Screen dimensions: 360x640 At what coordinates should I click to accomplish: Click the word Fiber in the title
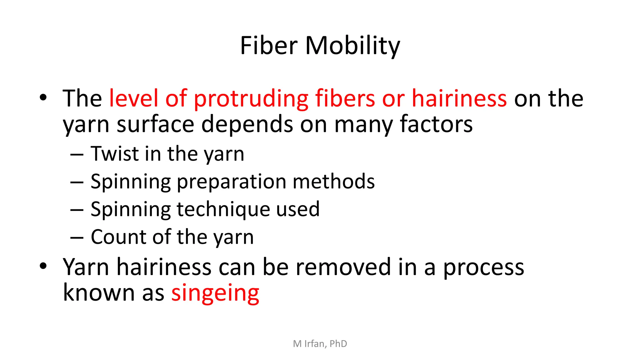point(268,46)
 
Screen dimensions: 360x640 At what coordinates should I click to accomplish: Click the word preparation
point(232,182)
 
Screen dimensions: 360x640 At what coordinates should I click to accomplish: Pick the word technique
point(223,210)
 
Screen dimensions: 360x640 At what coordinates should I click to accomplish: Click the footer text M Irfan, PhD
point(320,344)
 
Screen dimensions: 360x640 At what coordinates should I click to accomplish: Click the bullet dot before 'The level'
point(43,97)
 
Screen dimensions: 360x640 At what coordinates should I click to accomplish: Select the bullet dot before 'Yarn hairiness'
point(43,266)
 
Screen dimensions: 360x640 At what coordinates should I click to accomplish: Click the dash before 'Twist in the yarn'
point(77,155)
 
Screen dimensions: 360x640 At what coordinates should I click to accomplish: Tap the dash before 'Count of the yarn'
point(77,238)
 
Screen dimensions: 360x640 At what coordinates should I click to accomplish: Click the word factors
point(436,124)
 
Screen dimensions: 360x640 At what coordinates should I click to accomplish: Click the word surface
point(155,124)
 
